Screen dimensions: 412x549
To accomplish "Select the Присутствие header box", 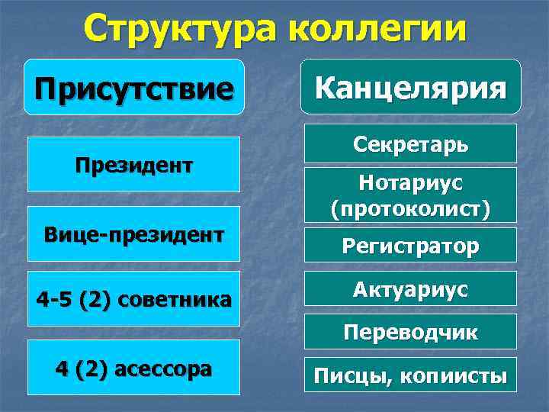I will pos(133,87).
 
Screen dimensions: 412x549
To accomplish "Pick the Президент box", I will pos(133,164).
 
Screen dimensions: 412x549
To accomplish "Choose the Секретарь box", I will pos(410,143).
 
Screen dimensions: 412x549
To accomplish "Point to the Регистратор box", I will pos(410,246).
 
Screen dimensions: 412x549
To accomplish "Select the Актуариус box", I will pos(410,290).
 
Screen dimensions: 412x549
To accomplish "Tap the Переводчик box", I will pos(410,333).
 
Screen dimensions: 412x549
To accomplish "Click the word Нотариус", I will pos(410,185).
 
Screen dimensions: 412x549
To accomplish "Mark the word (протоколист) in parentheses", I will pos(410,208).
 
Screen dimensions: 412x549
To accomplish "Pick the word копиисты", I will pos(446,375).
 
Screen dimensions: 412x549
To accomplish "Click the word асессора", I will pos(163,369).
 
